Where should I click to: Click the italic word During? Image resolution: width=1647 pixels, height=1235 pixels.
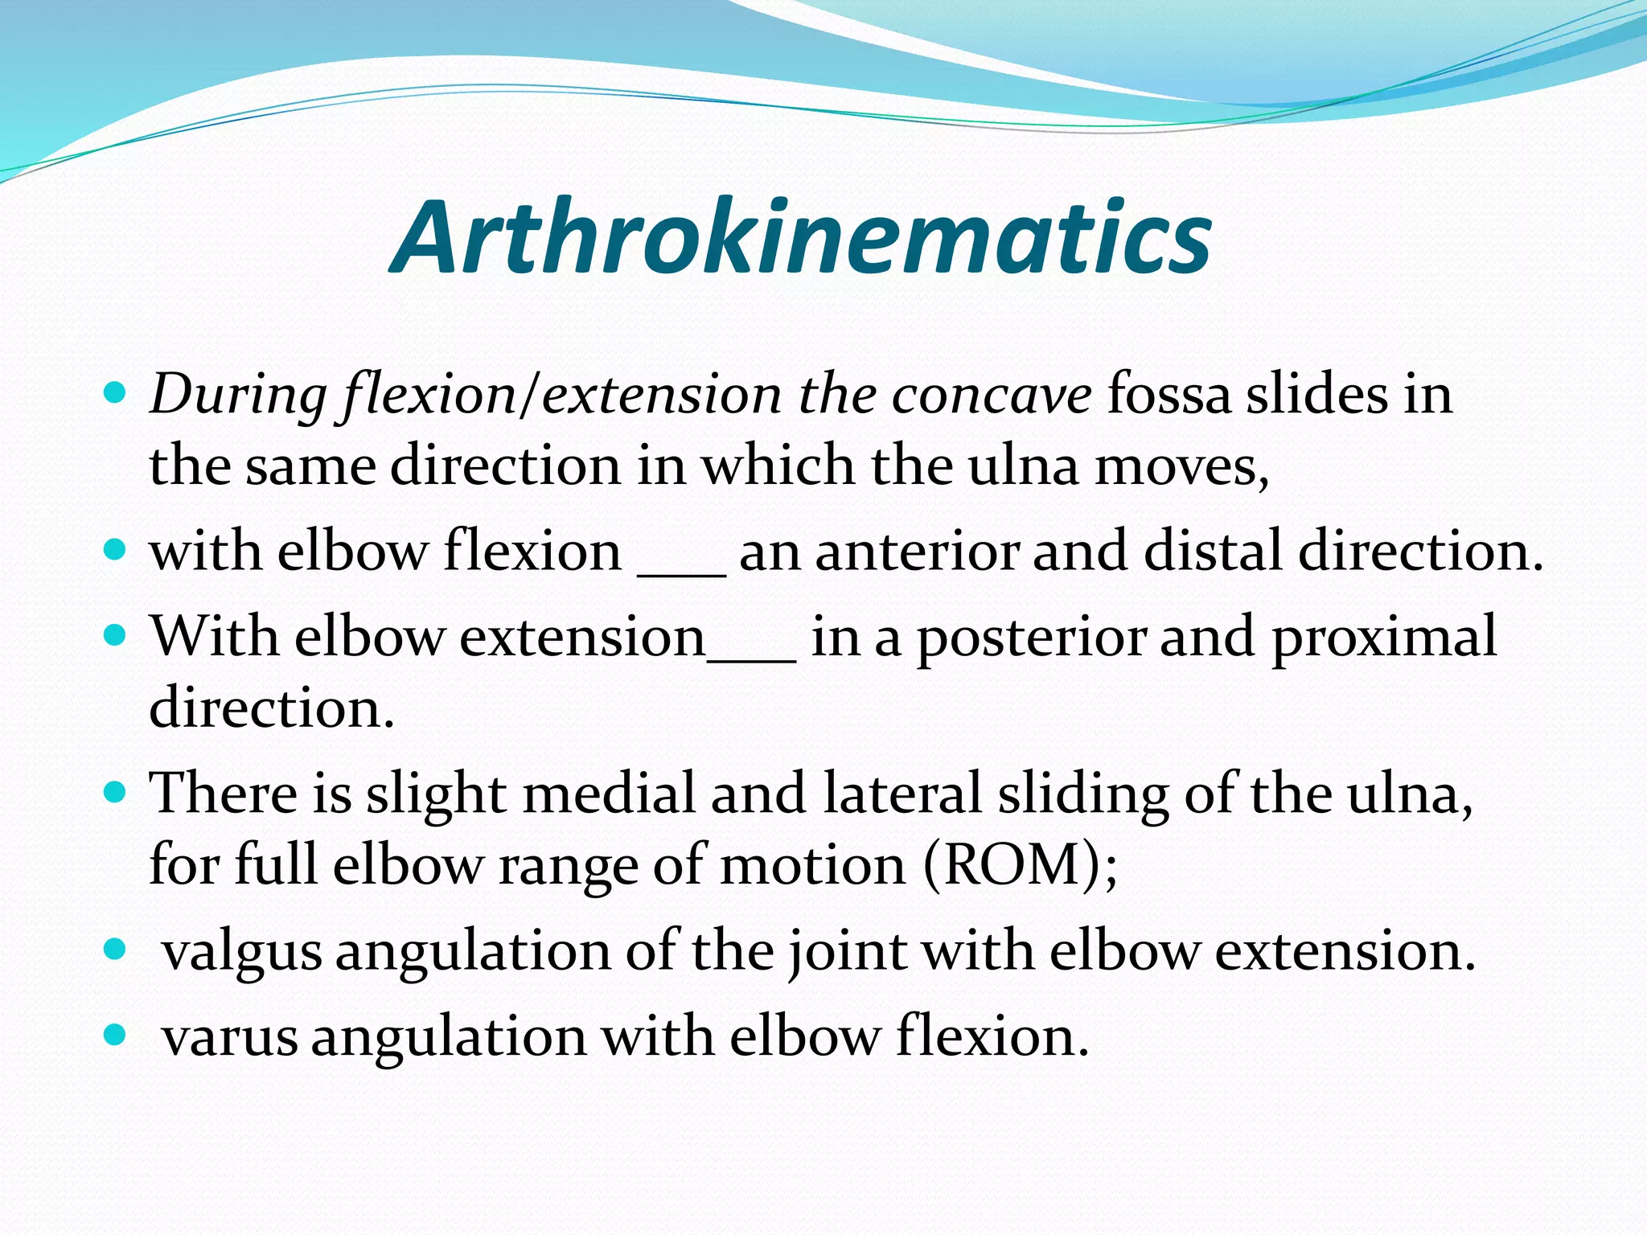tap(238, 396)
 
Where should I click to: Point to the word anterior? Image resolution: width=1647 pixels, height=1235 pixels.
tap(917, 552)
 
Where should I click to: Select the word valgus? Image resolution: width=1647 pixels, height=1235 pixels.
tap(242, 952)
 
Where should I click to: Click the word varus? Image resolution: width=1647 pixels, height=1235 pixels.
tap(230, 1037)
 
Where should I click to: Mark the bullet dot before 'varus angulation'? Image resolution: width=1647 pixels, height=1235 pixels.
tap(116, 1035)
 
